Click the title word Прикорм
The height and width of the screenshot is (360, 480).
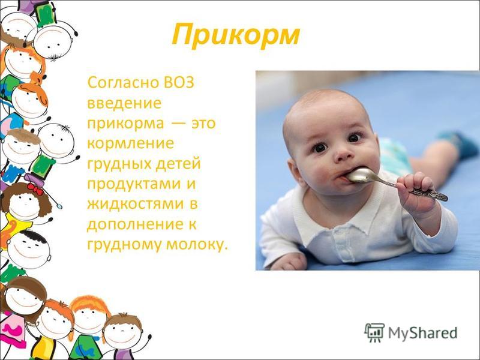235,36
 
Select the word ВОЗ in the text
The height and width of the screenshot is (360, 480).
179,83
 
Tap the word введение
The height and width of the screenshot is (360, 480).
124,103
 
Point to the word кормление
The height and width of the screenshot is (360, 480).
131,143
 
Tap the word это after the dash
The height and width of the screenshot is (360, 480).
203,124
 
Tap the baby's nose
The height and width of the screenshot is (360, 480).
343,155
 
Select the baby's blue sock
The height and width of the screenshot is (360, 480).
455,143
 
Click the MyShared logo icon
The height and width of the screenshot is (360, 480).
374,332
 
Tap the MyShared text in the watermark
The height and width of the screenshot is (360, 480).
423,332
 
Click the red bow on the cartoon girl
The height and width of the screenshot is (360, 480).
35,189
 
